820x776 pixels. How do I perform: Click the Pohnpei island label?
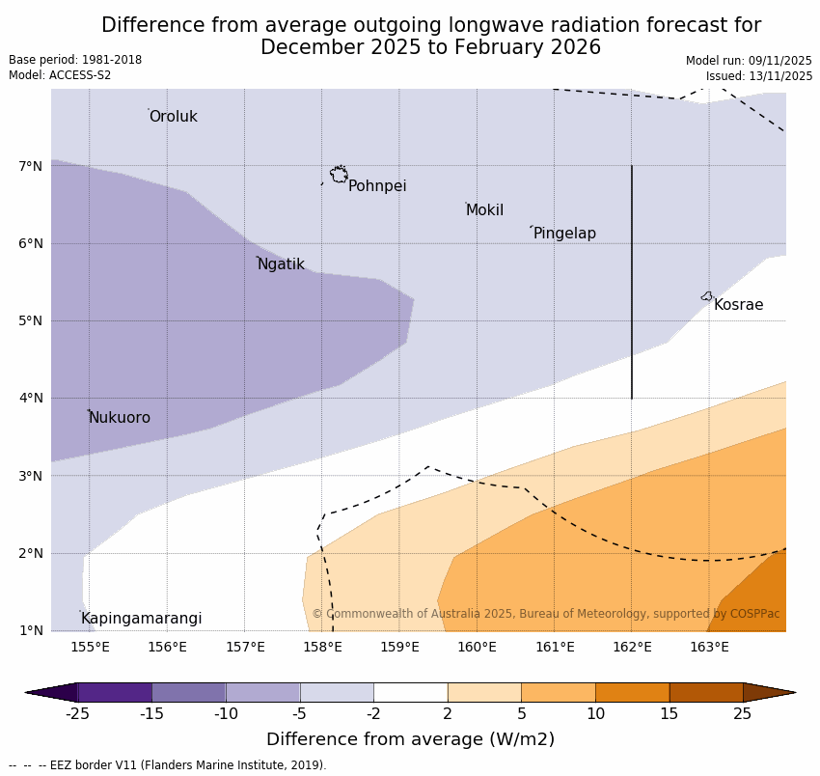[x=376, y=186]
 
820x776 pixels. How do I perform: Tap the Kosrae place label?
[x=738, y=305]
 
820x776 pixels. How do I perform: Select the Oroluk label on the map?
[x=173, y=117]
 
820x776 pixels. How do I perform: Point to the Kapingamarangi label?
[x=141, y=619]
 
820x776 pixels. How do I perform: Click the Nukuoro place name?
[x=120, y=418]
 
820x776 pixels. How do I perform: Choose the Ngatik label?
[x=281, y=264]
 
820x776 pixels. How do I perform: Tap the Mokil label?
[x=484, y=210]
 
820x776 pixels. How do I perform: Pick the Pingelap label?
[x=564, y=234]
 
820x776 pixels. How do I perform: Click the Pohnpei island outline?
[x=339, y=175]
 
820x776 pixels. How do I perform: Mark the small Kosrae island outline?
[x=707, y=296]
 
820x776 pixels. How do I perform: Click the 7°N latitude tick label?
[x=30, y=166]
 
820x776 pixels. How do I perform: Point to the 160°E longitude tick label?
[x=477, y=647]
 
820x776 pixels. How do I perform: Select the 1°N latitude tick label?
[x=30, y=631]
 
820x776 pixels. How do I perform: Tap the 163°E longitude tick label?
[x=709, y=647]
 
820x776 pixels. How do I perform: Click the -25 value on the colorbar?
[x=77, y=714]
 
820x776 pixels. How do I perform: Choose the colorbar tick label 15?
[x=670, y=714]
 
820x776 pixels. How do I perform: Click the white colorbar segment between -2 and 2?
[x=410, y=692]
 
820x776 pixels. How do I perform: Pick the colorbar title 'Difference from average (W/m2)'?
[x=410, y=740]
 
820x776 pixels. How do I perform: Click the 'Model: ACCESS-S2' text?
[x=60, y=75]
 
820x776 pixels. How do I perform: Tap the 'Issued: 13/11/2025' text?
[x=758, y=76]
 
